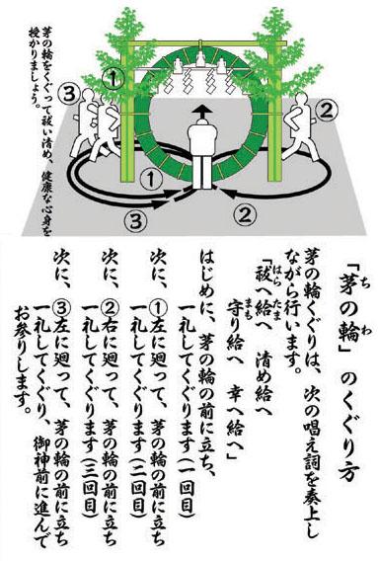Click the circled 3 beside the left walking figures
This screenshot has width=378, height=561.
click(69, 94)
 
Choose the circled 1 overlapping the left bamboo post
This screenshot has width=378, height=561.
click(113, 79)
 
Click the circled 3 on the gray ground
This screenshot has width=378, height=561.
click(135, 219)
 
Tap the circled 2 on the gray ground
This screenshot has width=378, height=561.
click(245, 213)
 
